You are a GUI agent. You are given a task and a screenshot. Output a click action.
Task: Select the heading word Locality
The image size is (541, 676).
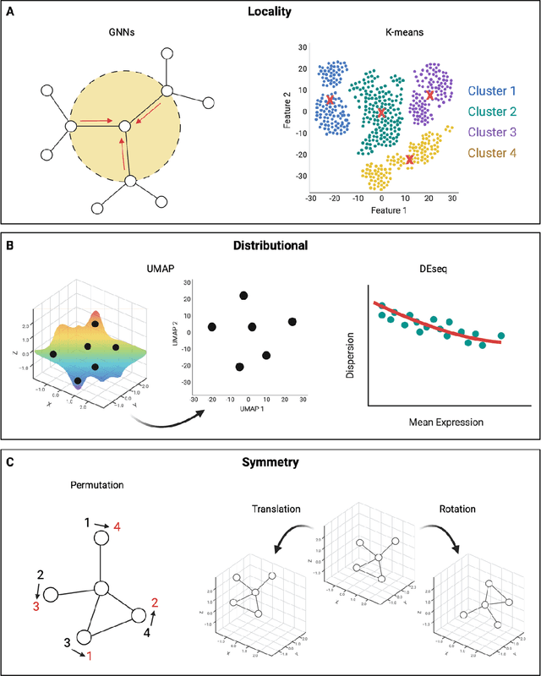[271, 14]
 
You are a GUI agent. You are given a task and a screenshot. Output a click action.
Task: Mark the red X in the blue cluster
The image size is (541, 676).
[331, 100]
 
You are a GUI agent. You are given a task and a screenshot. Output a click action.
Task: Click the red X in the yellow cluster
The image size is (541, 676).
[410, 159]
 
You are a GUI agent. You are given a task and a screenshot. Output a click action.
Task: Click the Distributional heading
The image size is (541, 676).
[271, 245]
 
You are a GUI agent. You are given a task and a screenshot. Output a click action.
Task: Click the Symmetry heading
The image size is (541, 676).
[271, 465]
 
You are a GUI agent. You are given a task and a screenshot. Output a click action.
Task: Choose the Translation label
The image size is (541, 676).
[278, 510]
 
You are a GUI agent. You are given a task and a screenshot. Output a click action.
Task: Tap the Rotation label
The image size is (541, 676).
[457, 510]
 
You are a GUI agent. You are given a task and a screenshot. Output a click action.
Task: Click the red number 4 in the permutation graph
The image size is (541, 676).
[118, 527]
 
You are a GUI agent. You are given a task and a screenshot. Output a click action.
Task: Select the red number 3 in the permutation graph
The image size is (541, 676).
[36, 606]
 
